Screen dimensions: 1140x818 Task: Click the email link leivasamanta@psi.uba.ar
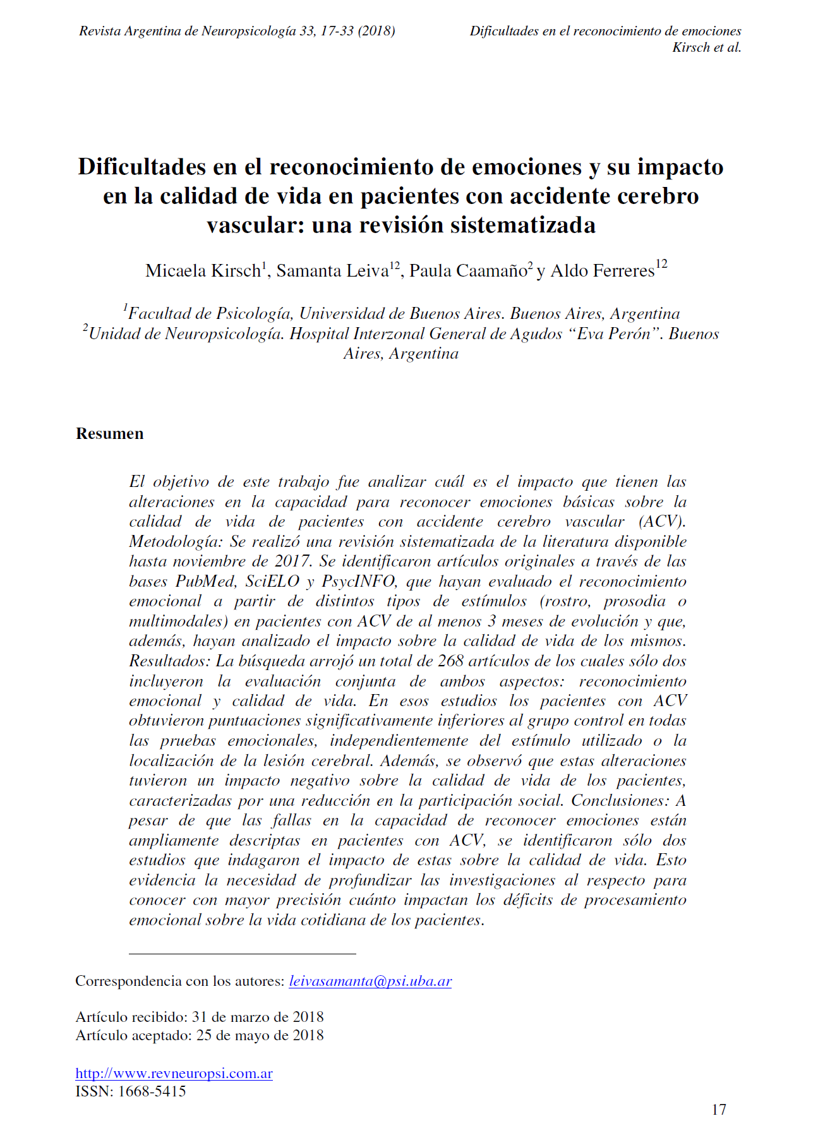370,981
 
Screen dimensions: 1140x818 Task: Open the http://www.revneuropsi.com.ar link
174,1073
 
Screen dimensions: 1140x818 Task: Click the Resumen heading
110,433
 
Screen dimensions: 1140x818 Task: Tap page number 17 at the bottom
719,1110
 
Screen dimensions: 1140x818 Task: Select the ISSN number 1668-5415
152,1091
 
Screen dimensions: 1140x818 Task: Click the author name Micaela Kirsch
203,271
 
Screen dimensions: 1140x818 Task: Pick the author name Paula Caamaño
467,271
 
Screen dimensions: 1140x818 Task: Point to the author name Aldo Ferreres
603,271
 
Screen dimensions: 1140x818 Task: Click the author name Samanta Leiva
332,271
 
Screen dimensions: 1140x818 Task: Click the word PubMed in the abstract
206,581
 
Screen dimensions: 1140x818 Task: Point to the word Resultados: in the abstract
169,661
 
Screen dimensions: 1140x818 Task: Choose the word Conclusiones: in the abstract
620,801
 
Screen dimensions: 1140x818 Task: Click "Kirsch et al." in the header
706,47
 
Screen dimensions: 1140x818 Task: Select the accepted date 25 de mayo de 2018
260,1035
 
